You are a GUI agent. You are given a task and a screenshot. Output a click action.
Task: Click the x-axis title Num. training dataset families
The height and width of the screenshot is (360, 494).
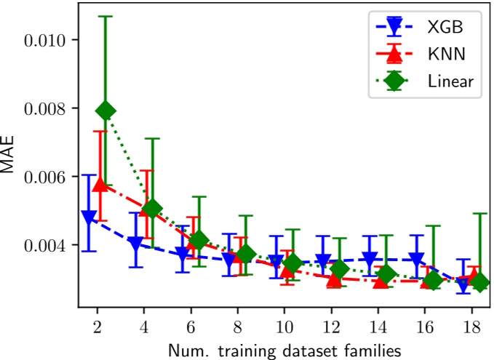click(284, 351)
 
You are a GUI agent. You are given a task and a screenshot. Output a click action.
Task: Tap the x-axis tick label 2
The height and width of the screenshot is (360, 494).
click(97, 327)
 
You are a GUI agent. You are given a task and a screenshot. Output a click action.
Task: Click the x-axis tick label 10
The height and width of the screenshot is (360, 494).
click(284, 327)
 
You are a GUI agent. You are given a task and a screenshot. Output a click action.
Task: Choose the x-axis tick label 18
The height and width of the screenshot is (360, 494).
click(471, 327)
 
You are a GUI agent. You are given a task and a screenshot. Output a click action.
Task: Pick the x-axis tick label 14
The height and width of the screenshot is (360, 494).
click(378, 327)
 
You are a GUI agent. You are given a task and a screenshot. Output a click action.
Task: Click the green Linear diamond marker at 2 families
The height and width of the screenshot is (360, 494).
click(106, 111)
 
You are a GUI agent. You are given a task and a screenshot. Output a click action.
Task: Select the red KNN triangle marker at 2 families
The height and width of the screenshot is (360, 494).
click(100, 185)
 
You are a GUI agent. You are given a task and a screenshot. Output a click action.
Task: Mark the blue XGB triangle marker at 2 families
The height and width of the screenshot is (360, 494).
click(89, 217)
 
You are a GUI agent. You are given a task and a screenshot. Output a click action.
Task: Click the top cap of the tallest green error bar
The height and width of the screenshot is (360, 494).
click(106, 16)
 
